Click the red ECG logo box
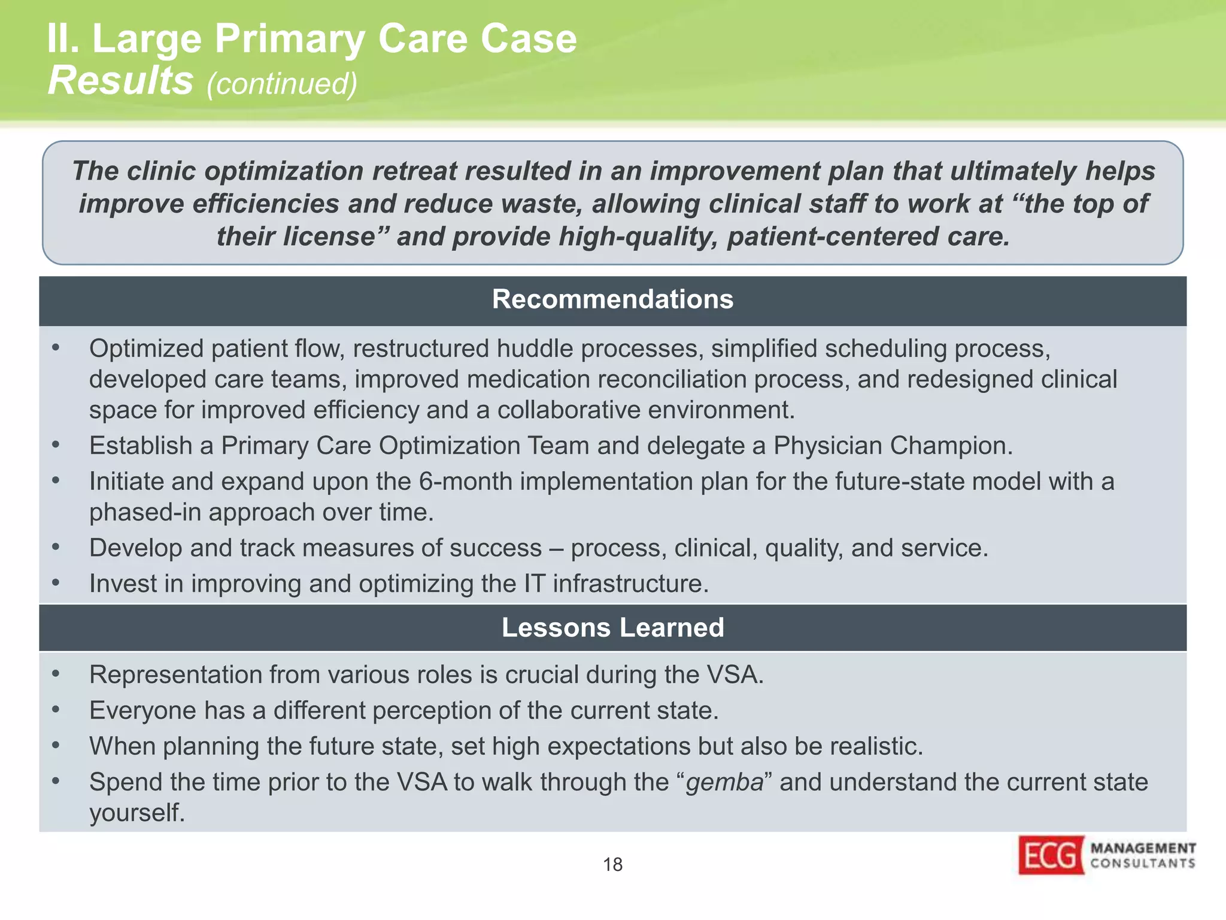pos(1051,855)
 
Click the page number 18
pos(612,864)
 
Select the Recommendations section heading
pos(612,299)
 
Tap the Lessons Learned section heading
pos(612,628)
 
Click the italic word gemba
pos(724,782)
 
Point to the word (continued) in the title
pos(281,83)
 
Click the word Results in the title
pos(120,80)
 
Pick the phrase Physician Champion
pos(893,446)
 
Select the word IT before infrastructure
pos(534,584)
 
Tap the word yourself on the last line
pos(137,813)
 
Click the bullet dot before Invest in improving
pos(56,583)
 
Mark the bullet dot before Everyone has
pos(56,710)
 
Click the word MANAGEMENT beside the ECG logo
pos(1143,848)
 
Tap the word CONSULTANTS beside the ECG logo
pos(1143,863)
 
